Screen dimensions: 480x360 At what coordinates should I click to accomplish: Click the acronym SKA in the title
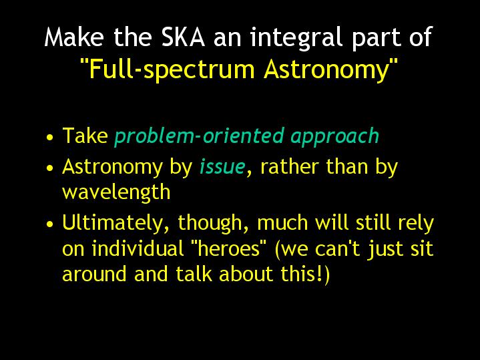183,37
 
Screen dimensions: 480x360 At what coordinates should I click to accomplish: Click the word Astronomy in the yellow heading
326,69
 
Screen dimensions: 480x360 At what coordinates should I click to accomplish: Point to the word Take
85,135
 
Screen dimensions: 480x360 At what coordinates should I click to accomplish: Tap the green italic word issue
222,167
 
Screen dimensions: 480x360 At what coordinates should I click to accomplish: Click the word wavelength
116,193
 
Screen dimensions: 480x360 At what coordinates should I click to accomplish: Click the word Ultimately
115,223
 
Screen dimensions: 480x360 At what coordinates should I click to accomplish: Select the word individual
138,248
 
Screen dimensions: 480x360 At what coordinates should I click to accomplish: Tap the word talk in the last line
194,274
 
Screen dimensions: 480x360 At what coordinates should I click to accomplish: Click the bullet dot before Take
50,137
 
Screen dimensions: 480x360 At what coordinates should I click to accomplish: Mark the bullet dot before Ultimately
50,224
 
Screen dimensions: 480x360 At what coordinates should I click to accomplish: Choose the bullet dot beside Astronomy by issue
50,168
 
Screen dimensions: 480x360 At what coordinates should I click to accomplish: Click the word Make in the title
74,37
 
